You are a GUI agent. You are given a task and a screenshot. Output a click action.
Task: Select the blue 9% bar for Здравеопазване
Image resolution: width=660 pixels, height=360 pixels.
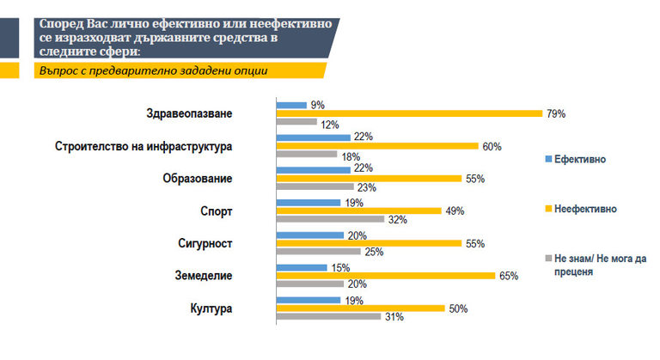[291, 105]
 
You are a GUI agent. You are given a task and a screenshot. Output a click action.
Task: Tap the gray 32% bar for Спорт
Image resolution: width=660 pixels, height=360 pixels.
[330, 219]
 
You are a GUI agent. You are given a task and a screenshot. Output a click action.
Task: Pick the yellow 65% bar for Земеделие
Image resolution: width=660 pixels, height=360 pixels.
[385, 276]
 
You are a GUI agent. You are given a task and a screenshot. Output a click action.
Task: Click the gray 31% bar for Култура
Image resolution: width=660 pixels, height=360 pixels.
[328, 316]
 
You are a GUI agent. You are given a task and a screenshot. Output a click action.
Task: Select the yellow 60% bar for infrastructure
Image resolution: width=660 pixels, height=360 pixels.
[376, 146]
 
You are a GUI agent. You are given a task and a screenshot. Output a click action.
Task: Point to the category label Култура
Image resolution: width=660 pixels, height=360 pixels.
[211, 308]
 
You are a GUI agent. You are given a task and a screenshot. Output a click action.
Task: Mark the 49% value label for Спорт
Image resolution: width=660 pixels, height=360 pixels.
[453, 211]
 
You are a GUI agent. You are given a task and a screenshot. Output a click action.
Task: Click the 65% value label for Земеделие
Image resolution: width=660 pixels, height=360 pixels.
[506, 276]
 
